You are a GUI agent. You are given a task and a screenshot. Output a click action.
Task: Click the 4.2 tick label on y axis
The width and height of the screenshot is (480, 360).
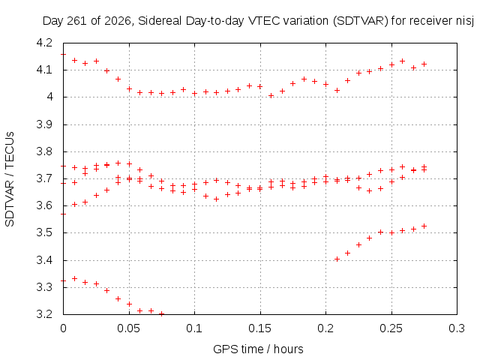point(45,43)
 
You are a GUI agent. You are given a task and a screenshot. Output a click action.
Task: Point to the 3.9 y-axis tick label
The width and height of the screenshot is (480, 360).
point(45,124)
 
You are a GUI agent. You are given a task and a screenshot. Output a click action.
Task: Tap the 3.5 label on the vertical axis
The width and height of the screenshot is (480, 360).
point(45,233)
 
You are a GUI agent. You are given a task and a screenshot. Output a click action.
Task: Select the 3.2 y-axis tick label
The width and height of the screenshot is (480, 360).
point(45,314)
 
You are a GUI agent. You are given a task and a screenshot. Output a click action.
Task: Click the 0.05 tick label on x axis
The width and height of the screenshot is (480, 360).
point(128,328)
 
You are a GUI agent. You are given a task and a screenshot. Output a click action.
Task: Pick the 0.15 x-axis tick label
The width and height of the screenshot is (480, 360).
point(260,328)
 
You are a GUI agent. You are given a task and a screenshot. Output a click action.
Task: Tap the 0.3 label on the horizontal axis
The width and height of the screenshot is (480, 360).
point(457,328)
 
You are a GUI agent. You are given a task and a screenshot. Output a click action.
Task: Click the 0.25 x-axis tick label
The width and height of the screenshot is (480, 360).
point(391,328)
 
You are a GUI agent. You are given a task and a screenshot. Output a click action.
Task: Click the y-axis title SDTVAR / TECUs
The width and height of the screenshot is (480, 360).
point(10,179)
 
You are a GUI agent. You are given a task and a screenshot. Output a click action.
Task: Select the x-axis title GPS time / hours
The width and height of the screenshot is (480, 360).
point(258,349)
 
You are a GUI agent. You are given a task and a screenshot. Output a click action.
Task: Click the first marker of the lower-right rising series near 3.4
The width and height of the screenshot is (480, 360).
point(337,259)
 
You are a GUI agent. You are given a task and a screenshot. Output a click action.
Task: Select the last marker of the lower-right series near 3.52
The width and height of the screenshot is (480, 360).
point(424,226)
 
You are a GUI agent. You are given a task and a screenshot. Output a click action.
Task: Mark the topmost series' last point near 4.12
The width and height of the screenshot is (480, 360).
point(424,64)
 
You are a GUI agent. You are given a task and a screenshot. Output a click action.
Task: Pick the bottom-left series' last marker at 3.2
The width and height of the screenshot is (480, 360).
point(162,314)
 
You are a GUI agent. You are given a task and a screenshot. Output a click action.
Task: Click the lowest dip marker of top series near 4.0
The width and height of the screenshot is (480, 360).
point(271,96)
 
